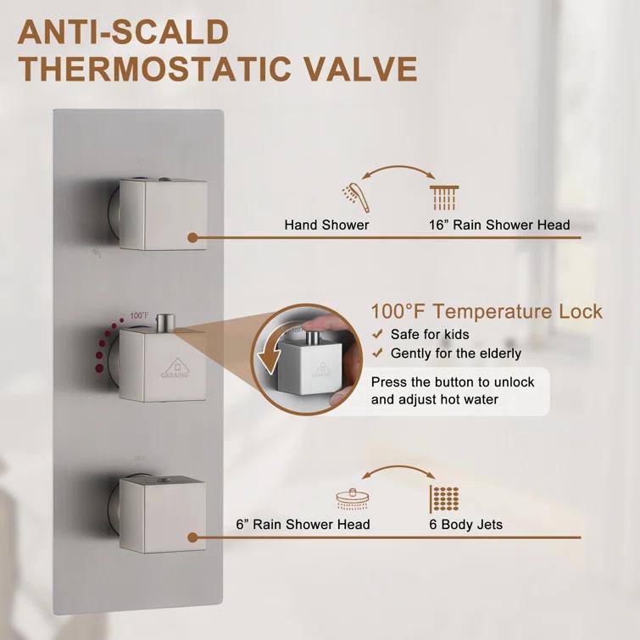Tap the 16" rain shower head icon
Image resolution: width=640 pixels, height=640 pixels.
[444, 198]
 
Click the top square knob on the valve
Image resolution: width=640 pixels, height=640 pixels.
[163, 214]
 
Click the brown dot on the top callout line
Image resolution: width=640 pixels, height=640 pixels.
[193, 239]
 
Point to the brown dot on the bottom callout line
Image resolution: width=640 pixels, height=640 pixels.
[193, 537]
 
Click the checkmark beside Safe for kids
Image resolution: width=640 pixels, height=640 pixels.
[377, 335]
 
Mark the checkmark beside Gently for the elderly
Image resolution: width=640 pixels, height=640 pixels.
[377, 353]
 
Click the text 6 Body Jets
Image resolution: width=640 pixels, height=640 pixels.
[465, 525]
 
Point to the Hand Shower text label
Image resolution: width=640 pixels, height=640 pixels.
[326, 225]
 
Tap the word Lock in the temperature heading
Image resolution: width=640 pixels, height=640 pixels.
[579, 311]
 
